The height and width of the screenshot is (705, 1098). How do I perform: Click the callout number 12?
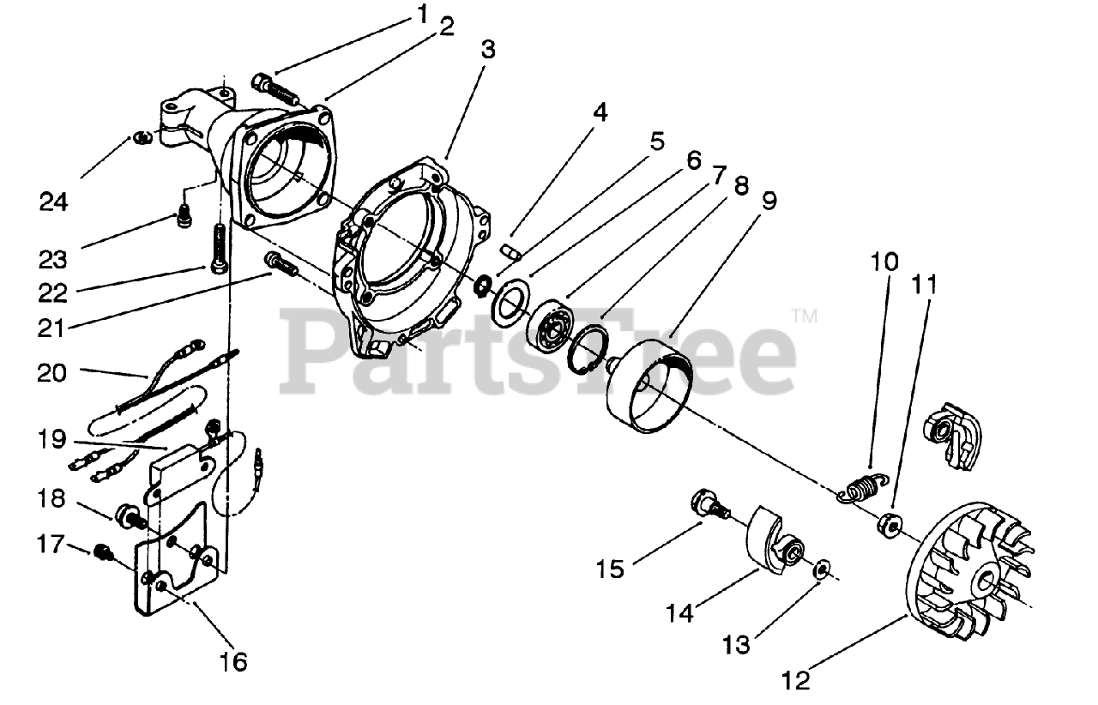(795, 681)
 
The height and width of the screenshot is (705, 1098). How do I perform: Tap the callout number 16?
(232, 661)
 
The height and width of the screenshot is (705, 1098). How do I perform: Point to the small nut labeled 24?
(143, 136)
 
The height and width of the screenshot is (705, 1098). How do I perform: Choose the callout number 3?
(487, 49)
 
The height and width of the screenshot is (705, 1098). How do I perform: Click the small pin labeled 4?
(510, 252)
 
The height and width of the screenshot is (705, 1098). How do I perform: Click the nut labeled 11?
(890, 522)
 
